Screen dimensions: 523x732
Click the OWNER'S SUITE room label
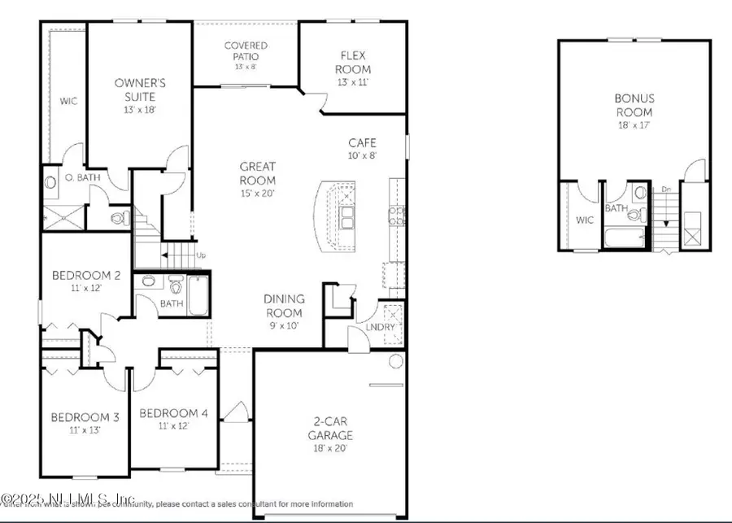tap(140, 89)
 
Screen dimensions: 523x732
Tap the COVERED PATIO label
tap(246, 52)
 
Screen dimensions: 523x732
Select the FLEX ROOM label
tap(355, 63)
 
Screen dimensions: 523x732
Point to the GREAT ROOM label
tap(257, 173)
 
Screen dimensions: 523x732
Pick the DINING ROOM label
tap(283, 306)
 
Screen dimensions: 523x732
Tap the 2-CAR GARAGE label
tap(329, 428)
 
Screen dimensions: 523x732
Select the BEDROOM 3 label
tap(85, 417)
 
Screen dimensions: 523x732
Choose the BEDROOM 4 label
tap(173, 413)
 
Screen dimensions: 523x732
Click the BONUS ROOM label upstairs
tap(634, 105)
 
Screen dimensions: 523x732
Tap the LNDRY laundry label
tap(380, 327)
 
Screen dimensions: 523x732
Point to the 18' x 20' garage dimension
tap(329, 448)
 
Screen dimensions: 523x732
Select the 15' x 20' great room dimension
tap(257, 193)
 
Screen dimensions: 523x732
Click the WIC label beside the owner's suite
tap(67, 102)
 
